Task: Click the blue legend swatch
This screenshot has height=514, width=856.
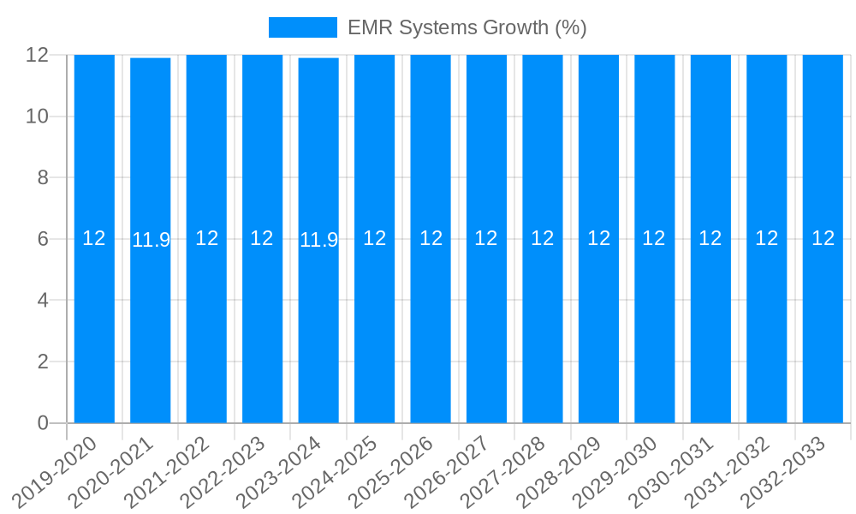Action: pyautogui.click(x=303, y=27)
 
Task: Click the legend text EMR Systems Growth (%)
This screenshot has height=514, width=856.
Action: pyautogui.click(x=467, y=27)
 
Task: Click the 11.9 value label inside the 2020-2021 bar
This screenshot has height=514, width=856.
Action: pyautogui.click(x=151, y=240)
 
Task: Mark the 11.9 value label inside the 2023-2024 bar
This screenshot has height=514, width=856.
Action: pyautogui.click(x=318, y=240)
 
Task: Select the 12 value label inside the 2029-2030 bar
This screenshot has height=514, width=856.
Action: pyautogui.click(x=654, y=238)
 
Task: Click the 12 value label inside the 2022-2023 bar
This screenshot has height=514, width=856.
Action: pyautogui.click(x=262, y=238)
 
